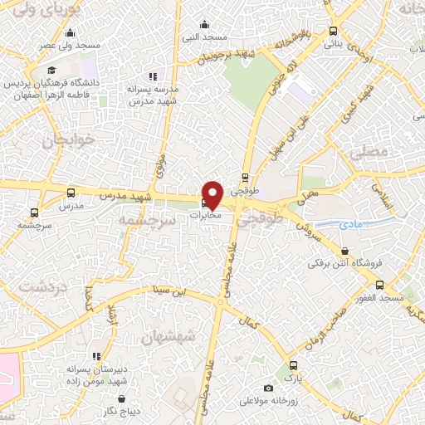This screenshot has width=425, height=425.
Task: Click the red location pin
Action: coord(212,194)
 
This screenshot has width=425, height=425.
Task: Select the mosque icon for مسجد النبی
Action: coord(207,25)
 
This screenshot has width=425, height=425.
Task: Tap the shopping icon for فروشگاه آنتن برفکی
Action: coord(344,252)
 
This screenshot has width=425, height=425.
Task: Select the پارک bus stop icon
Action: coord(291,365)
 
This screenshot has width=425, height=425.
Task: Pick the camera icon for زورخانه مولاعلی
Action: coord(267,388)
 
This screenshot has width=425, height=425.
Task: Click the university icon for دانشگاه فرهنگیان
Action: coord(52,70)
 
